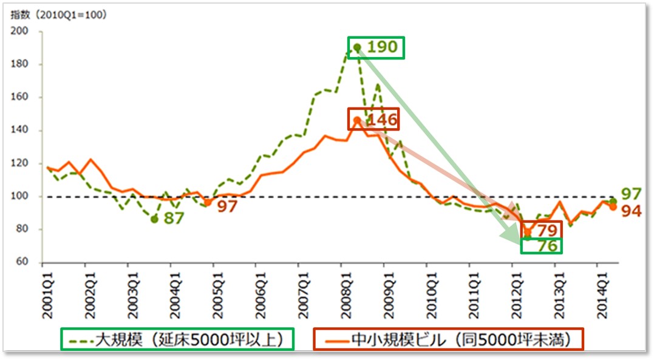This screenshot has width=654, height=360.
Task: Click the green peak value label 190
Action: (x=383, y=47)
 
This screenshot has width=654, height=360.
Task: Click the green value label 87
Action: (x=174, y=219)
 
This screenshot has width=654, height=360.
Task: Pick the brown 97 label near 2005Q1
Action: (x=227, y=206)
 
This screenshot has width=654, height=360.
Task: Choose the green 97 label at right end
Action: (x=631, y=195)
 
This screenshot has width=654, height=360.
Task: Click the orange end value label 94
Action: (x=631, y=211)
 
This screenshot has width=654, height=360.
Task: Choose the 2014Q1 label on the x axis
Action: (x=598, y=294)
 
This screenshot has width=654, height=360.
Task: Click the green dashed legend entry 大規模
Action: (x=176, y=339)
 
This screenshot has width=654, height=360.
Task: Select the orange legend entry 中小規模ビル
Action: (x=448, y=339)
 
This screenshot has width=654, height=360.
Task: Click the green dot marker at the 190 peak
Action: (x=357, y=47)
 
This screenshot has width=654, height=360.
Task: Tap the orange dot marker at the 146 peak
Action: (x=357, y=120)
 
